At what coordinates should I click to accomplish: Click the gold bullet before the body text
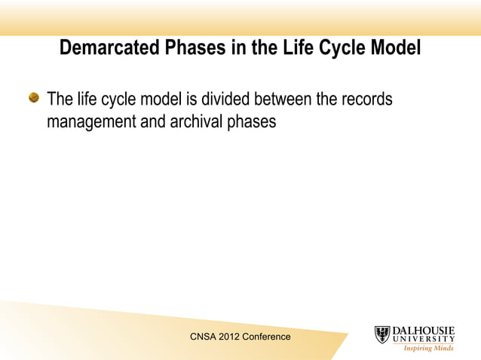34,99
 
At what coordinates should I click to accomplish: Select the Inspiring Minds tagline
428,349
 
